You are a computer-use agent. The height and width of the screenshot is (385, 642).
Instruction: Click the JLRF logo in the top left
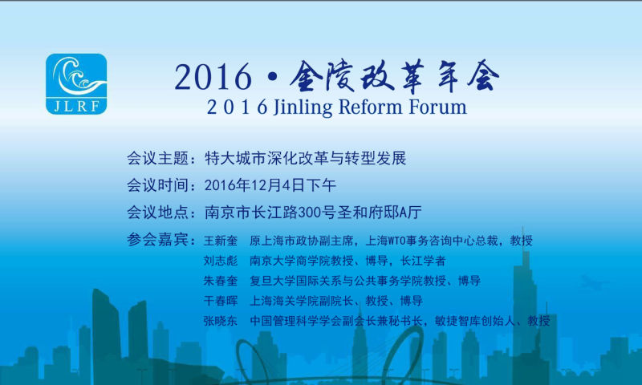76,84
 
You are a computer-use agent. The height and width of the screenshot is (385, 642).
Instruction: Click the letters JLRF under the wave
76,107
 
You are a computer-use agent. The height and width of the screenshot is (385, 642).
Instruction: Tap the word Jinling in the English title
303,107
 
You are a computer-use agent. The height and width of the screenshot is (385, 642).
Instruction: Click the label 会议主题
157,158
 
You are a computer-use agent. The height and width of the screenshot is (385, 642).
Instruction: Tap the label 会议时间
157,185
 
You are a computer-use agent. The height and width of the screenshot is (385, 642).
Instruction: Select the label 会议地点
157,213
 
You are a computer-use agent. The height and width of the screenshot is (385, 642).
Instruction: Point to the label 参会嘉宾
157,239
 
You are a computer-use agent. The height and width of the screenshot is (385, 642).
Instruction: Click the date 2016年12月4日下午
270,185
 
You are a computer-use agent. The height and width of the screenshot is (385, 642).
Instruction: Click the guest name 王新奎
221,241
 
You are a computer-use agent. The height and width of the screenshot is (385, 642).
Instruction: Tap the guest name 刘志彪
221,261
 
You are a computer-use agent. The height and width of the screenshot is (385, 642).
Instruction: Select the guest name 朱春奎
221,281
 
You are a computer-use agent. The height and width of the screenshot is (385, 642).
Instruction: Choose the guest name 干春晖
221,301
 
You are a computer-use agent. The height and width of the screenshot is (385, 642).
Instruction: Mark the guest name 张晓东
221,321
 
